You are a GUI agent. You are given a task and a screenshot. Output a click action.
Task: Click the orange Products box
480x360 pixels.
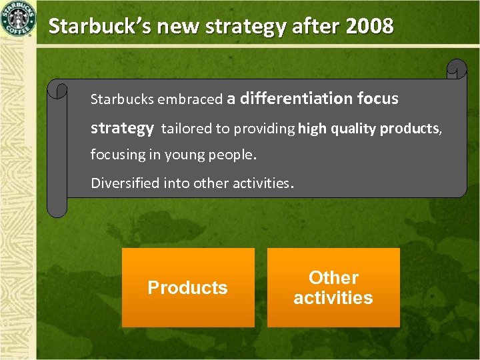188,287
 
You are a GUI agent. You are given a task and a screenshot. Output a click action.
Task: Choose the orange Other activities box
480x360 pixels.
333,287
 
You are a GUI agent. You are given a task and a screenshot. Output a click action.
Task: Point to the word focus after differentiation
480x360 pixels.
377,99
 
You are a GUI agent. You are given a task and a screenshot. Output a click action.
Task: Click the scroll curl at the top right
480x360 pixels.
457,69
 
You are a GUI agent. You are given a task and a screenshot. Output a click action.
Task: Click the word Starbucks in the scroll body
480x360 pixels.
121,99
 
